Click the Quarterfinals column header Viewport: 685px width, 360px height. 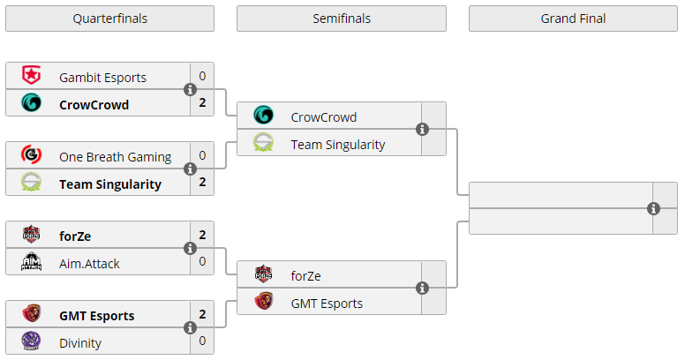point(109,19)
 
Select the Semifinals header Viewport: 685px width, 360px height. point(341,19)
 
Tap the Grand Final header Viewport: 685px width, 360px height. point(573,19)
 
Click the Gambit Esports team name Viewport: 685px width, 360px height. point(102,77)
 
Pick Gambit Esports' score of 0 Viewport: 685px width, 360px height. point(202,77)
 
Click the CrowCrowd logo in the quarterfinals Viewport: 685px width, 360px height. point(31,104)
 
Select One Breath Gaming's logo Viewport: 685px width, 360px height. point(31,156)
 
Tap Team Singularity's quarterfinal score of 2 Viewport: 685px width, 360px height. point(202,184)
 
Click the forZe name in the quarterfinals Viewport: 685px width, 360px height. point(75,236)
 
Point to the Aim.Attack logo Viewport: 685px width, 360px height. point(31,263)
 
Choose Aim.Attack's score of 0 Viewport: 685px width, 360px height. point(202,262)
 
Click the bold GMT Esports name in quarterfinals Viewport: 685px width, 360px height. point(97,315)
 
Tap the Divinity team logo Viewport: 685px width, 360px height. point(31,342)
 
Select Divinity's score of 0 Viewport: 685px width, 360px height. point(202,341)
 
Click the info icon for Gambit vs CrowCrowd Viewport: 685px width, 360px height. point(190,90)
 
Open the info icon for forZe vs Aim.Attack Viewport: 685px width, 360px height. point(190,249)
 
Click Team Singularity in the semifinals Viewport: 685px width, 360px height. point(337,144)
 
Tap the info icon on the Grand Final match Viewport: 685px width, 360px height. point(653,209)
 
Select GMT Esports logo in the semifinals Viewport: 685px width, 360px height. point(263,303)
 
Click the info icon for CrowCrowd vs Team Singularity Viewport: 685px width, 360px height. point(422,130)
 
